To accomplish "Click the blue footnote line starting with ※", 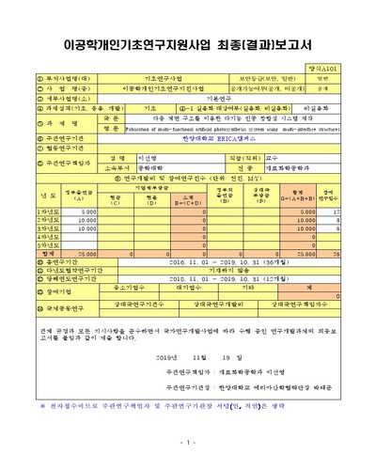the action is pos(179,404).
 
